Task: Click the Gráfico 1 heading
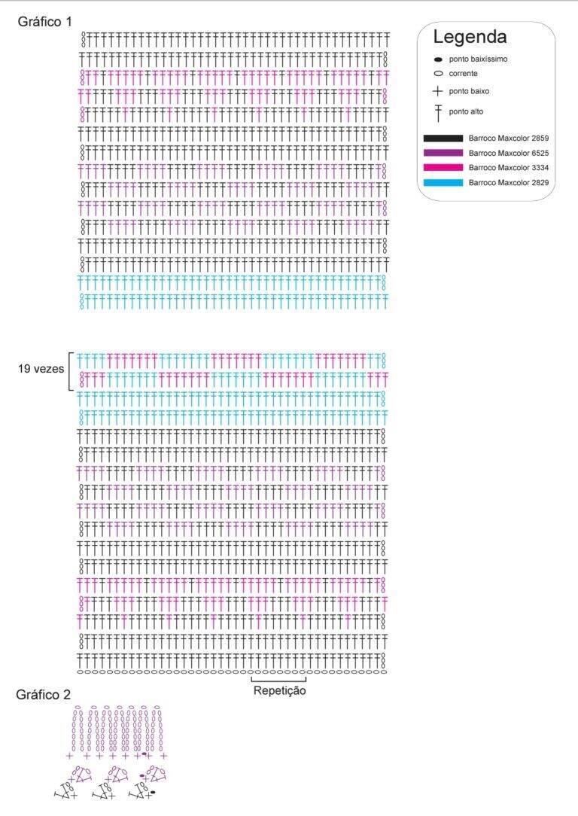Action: click(44, 22)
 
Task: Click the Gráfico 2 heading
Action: click(43, 695)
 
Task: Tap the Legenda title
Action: click(470, 37)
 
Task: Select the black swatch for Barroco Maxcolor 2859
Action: click(443, 139)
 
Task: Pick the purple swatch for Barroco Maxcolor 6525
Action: click(443, 153)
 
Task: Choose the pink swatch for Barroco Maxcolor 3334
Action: click(443, 168)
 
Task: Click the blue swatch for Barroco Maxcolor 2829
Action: click(443, 183)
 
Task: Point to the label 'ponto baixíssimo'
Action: click(478, 59)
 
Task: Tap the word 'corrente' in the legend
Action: click(463, 74)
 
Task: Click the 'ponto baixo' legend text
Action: click(469, 92)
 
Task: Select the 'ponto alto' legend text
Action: click(466, 112)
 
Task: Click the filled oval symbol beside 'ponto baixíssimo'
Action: click(438, 60)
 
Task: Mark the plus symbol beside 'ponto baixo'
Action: click(437, 92)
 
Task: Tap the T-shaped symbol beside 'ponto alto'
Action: click(438, 112)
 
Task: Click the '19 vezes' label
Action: click(41, 369)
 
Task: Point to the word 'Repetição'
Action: click(279, 691)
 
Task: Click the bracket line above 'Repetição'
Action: click(278, 681)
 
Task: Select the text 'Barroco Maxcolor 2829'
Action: click(508, 183)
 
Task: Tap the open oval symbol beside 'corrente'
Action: click(438, 74)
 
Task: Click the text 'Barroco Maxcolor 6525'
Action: click(508, 153)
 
